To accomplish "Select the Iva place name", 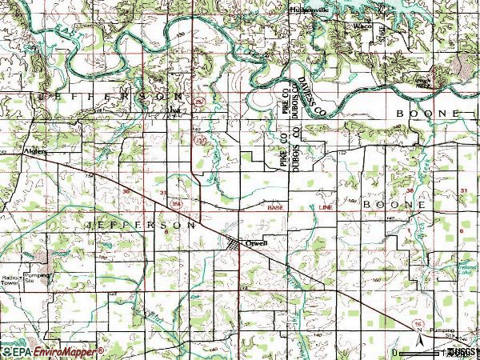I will [x=174, y=111].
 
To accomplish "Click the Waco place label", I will [x=362, y=26].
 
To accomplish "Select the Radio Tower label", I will [x=10, y=279].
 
